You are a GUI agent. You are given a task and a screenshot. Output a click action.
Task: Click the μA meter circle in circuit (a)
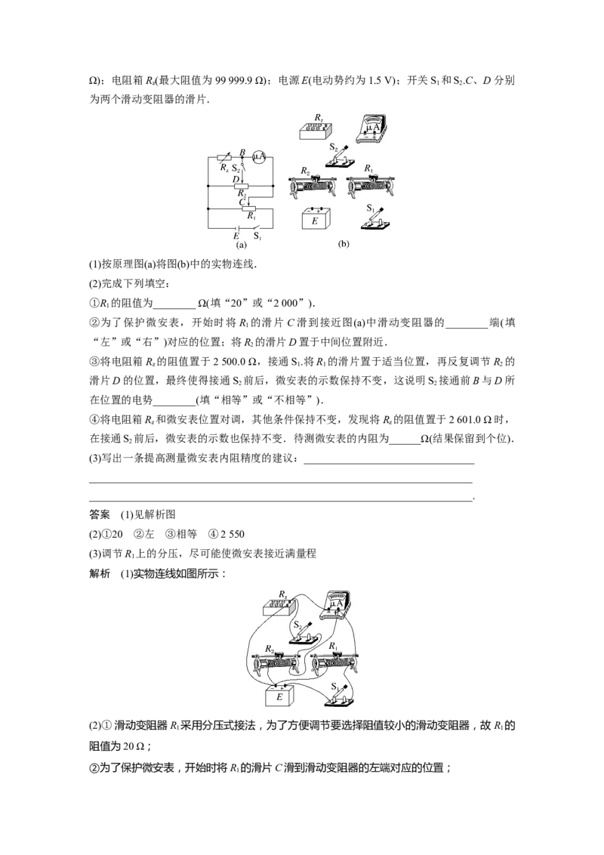pos(259,157)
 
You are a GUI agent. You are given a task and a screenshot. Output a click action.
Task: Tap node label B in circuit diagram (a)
pos(242,152)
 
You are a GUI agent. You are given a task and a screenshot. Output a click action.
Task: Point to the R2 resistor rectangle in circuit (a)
pos(241,187)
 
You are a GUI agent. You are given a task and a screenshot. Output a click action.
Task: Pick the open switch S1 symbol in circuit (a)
pos(257,227)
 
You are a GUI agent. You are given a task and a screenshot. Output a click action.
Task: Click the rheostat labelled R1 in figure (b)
pos(371,185)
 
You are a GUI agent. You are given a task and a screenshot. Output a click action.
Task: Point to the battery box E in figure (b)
pos(316,218)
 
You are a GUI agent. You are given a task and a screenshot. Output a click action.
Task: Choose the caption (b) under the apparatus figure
pos(344,244)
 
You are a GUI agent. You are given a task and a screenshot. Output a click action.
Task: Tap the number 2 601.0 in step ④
pos(465,420)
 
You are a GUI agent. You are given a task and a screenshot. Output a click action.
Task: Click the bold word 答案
pos(99,515)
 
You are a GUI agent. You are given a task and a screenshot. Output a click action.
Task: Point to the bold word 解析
pos(99,573)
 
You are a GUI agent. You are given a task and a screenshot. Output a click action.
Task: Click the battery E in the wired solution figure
pos(279,695)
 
